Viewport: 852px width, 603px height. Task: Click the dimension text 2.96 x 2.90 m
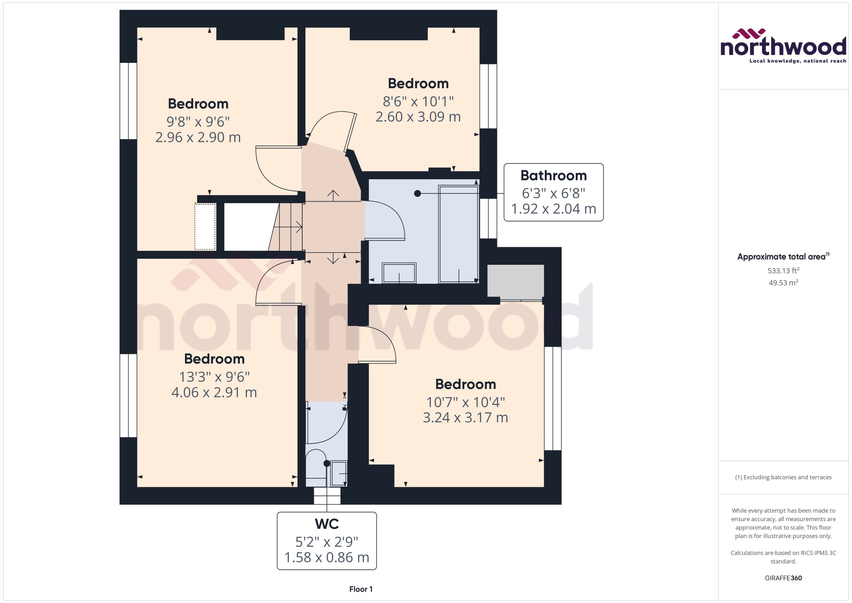pyautogui.click(x=198, y=137)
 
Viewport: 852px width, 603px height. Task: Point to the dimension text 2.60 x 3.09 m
pyautogui.click(x=418, y=117)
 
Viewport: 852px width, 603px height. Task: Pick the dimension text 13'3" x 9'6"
pyautogui.click(x=214, y=377)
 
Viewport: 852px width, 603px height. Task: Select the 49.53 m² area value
pyautogui.click(x=783, y=283)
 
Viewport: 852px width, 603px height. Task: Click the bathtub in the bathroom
pyautogui.click(x=458, y=234)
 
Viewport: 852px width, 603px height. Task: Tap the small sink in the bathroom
pyautogui.click(x=399, y=273)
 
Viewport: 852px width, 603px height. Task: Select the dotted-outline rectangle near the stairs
pyautogui.click(x=205, y=226)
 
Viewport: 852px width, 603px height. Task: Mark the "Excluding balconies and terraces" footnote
pyautogui.click(x=783, y=477)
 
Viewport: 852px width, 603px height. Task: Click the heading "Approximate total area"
pyautogui.click(x=781, y=257)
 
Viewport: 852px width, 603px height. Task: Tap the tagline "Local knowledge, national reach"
pyautogui.click(x=797, y=61)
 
